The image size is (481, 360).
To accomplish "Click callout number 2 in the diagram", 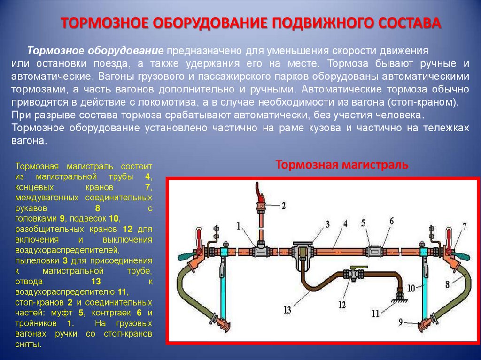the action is tap(283, 205).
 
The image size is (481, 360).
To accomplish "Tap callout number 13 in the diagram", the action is tap(287, 309).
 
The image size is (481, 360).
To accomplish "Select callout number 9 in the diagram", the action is tap(400, 322).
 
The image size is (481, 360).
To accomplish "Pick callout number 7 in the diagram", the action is tap(464, 226).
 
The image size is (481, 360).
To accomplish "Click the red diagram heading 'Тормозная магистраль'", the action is tap(341, 165).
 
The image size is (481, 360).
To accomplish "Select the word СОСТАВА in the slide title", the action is tap(410, 23).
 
